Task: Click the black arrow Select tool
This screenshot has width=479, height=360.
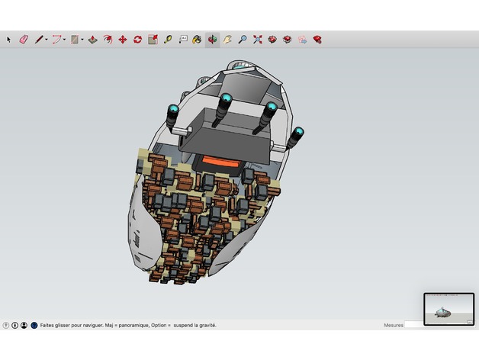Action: pyautogui.click(x=8, y=40)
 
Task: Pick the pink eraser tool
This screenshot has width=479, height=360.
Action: pyautogui.click(x=24, y=40)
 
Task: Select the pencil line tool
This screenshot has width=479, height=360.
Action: pyautogui.click(x=39, y=40)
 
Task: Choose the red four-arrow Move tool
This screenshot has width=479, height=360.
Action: pyautogui.click(x=123, y=40)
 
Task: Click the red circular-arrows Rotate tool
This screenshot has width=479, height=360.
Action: pyautogui.click(x=138, y=40)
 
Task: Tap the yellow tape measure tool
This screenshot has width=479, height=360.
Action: pyautogui.click(x=168, y=40)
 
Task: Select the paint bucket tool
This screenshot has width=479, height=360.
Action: pyautogui.click(x=197, y=40)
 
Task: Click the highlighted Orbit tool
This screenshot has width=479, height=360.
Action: pyautogui.click(x=212, y=40)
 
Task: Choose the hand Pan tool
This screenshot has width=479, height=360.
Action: pyautogui.click(x=227, y=40)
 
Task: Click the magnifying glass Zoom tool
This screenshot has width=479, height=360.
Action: pyautogui.click(x=243, y=40)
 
